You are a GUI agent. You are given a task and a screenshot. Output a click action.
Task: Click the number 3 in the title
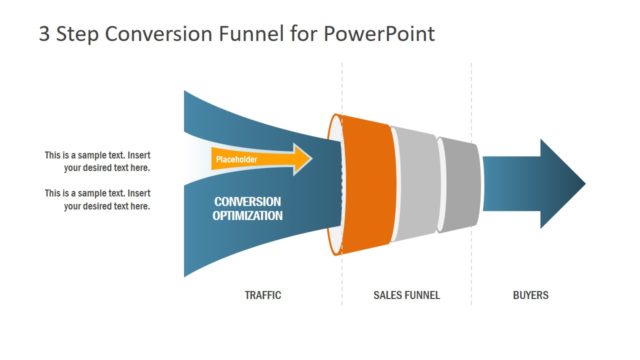coord(45,34)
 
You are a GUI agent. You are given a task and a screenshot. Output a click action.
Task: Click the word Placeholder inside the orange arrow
coord(237,159)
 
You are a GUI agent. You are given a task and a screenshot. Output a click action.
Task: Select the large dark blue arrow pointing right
coord(535,184)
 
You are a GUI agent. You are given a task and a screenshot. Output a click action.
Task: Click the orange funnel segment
coord(367,184)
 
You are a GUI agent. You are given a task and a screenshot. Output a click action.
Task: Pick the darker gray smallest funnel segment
coord(458,184)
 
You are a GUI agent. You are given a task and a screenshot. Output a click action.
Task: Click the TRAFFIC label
coord(263,295)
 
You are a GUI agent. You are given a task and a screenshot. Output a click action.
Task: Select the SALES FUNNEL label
coord(407,295)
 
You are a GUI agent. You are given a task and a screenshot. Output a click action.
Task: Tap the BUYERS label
coord(530,295)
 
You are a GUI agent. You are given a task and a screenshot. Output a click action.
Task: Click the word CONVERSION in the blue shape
coord(247,201)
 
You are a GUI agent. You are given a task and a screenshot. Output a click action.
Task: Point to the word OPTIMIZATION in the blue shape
coord(247,215)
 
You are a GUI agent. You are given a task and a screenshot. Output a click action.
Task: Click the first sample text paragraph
coord(97,161)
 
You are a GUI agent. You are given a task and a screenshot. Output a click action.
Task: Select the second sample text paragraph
coord(97,199)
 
